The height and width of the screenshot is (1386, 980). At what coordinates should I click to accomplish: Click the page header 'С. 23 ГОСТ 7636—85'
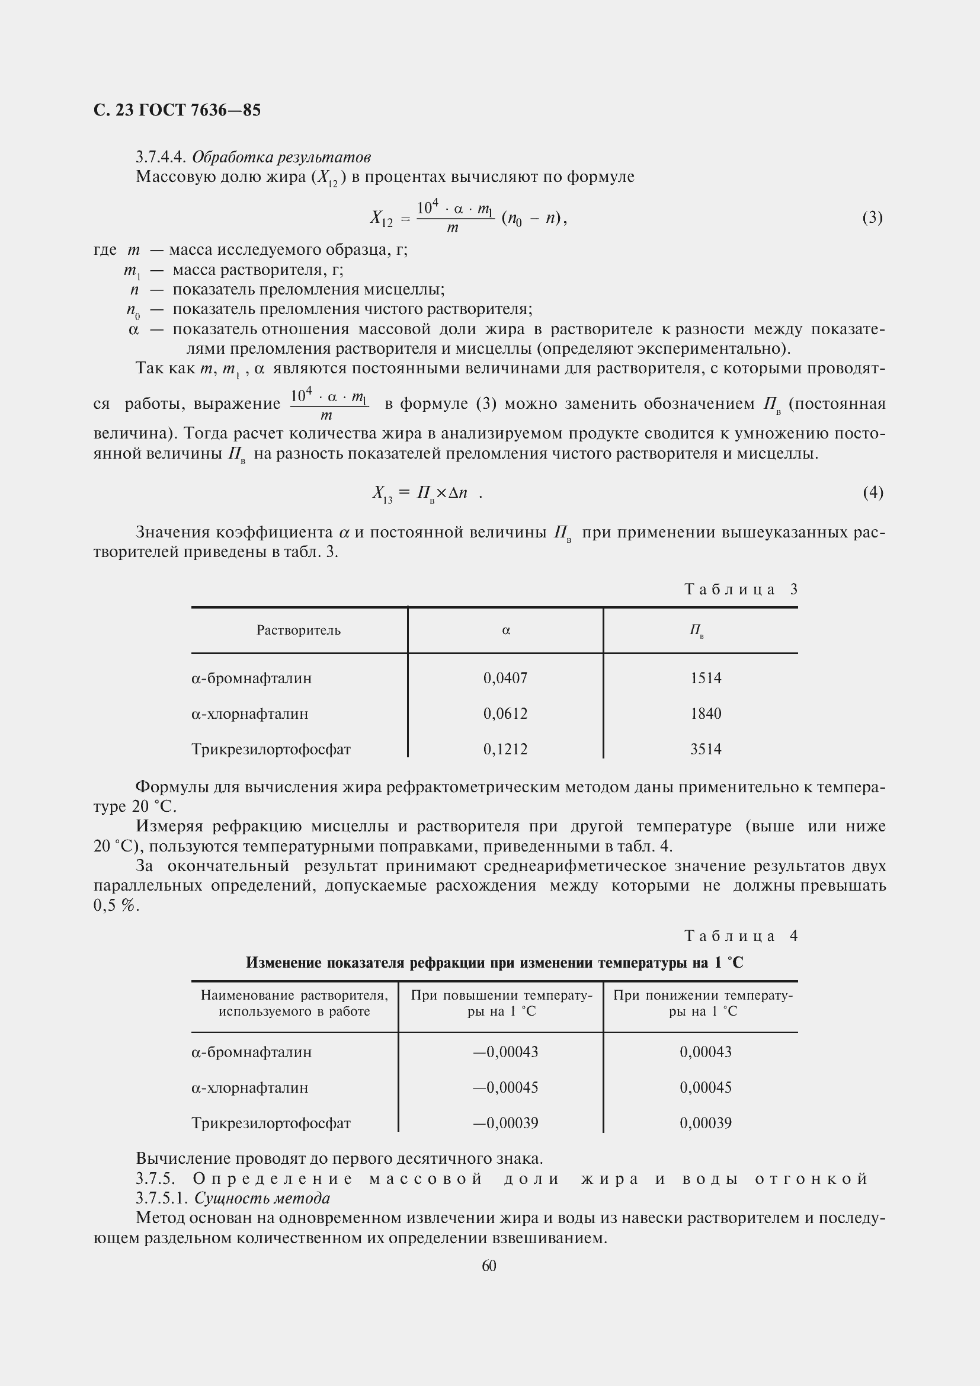[177, 110]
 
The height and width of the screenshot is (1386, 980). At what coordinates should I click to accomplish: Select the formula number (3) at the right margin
[873, 217]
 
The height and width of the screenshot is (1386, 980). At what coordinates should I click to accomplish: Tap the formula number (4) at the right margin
[873, 492]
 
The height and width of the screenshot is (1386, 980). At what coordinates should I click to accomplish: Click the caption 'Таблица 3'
[741, 589]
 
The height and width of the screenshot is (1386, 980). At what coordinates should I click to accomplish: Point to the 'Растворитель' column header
[298, 630]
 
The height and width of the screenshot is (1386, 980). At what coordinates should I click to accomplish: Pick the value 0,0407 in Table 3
[505, 678]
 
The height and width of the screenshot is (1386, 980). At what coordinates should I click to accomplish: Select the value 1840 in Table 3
[706, 713]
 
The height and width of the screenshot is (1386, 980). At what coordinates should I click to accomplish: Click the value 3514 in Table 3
[706, 749]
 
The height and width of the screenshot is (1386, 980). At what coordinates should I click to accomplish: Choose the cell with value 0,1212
[505, 749]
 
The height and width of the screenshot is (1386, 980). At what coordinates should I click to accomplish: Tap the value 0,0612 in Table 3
[505, 713]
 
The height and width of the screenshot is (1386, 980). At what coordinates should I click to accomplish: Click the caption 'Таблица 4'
[741, 936]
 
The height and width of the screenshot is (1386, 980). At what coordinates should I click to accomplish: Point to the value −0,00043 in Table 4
[505, 1052]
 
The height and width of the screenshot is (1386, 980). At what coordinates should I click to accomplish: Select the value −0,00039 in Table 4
[505, 1123]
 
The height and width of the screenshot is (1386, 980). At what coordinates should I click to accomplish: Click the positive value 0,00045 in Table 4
[706, 1087]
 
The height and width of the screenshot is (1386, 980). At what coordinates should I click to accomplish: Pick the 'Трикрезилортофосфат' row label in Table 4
[271, 1123]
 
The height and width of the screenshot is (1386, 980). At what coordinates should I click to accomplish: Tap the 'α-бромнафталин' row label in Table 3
[252, 678]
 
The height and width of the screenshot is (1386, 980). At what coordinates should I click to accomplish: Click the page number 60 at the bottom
[489, 1266]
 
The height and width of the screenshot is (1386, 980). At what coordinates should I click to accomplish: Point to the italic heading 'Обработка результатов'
[281, 157]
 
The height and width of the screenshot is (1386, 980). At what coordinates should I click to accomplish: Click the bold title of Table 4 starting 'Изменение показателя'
[494, 963]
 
